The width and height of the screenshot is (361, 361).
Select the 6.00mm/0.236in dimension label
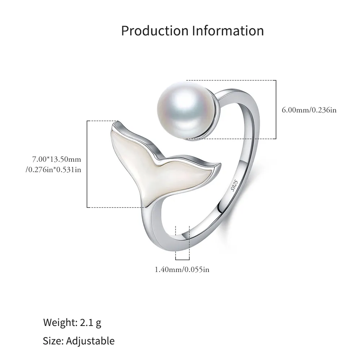tap(309, 110)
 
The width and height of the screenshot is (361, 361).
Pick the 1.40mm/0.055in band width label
tap(182, 269)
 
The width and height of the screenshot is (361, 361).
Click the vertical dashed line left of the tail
tap(88, 164)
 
